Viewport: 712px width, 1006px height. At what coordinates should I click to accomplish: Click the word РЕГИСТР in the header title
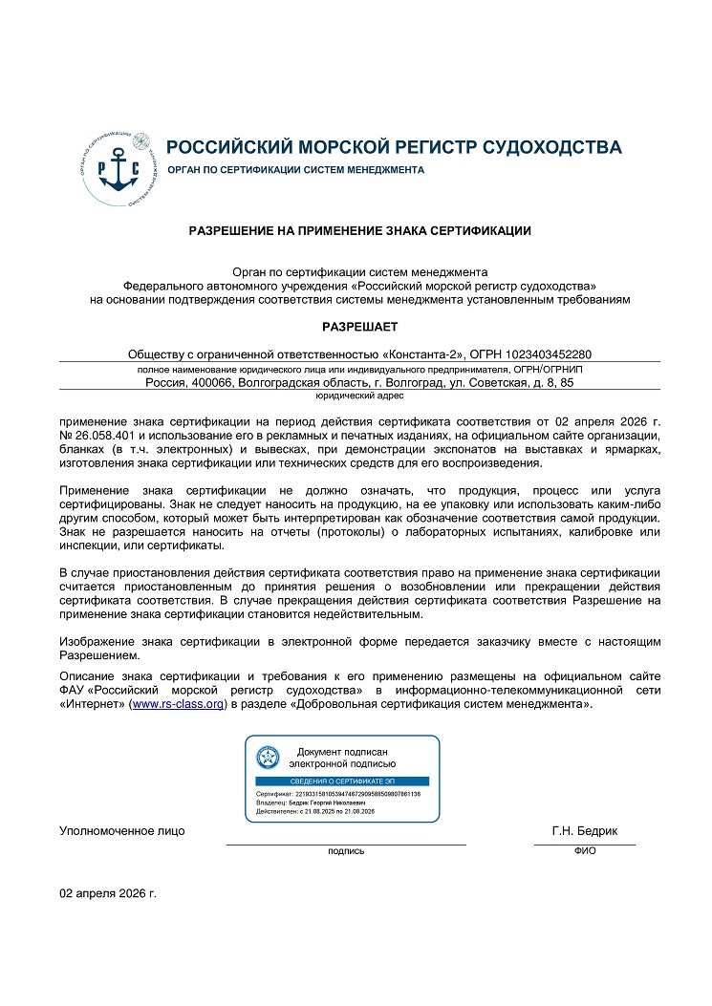[435, 147]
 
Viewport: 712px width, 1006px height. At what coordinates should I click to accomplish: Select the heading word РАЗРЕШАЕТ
[359, 326]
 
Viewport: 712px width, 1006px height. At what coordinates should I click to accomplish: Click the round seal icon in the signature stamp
[267, 758]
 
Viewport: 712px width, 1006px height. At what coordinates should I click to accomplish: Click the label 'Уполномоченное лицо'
[122, 831]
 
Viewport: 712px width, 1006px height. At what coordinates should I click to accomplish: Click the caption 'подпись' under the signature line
[346, 850]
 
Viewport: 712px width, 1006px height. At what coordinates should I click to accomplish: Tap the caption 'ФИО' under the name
[585, 850]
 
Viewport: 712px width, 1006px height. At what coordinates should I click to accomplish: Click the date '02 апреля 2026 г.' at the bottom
[108, 893]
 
